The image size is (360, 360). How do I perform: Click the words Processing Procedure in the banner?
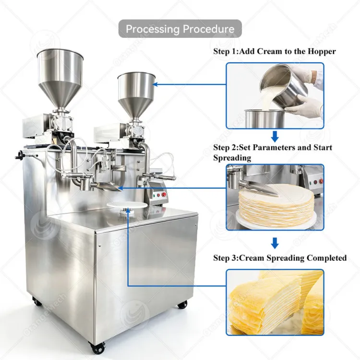180,29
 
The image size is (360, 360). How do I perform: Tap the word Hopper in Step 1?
322,51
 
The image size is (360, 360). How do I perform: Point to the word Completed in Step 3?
326,258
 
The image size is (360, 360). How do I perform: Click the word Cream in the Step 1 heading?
270,51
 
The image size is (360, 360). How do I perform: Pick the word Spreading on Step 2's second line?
232,158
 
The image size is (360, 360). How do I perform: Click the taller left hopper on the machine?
60,79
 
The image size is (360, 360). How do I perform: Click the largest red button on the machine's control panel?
164,195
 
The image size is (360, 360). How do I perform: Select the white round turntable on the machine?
127,205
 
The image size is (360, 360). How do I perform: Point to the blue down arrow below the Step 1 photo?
275,136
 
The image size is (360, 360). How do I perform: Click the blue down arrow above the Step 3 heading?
275,243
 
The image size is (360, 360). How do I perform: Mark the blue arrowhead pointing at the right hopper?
155,84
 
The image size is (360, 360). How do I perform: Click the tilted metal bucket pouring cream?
284,84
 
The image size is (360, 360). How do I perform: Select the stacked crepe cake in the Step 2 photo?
276,205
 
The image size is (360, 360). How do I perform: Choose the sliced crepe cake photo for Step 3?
275,302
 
